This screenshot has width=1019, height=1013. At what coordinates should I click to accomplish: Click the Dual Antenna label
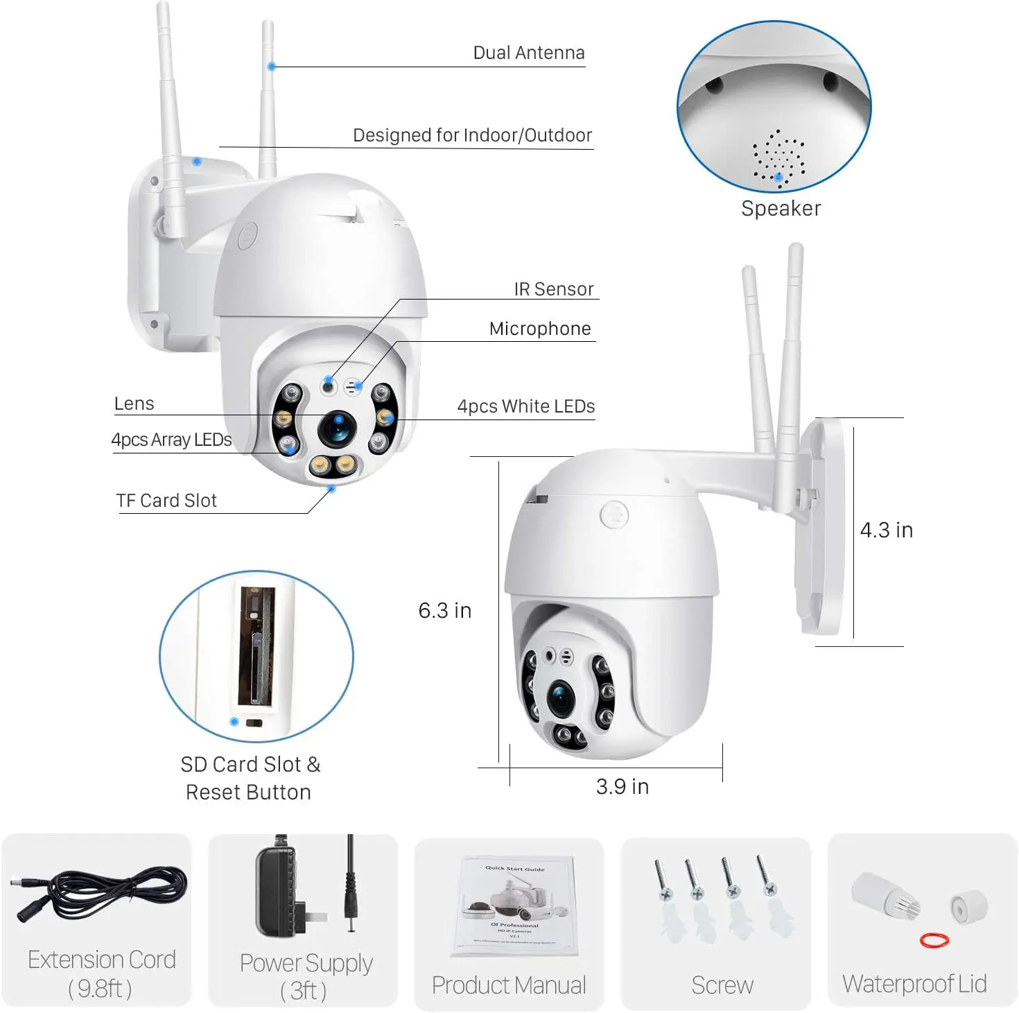(528, 53)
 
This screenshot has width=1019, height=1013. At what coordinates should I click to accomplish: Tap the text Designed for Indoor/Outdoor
(472, 135)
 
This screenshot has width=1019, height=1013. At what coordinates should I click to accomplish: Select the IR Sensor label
(553, 289)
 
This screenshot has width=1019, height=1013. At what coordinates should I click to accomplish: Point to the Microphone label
(540, 329)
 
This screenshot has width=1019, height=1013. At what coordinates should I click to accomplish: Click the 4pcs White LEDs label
(525, 406)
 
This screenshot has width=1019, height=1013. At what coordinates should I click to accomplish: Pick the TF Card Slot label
(166, 501)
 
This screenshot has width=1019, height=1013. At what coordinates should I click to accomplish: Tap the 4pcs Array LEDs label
(171, 440)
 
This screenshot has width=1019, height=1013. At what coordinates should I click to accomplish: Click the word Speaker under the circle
(781, 209)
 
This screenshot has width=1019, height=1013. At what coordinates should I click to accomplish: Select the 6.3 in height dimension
(444, 610)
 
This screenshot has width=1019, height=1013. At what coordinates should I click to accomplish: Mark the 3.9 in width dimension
(622, 786)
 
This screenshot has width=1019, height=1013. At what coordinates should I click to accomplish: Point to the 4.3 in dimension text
(886, 530)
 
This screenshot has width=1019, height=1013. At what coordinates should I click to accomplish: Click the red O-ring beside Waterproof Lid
(934, 940)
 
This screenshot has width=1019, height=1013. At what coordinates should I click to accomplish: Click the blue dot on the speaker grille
(778, 178)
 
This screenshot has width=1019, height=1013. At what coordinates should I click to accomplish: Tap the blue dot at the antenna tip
(272, 67)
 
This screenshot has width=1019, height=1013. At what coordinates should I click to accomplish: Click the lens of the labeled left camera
(338, 428)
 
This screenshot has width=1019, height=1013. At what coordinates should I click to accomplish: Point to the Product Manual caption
(509, 985)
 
